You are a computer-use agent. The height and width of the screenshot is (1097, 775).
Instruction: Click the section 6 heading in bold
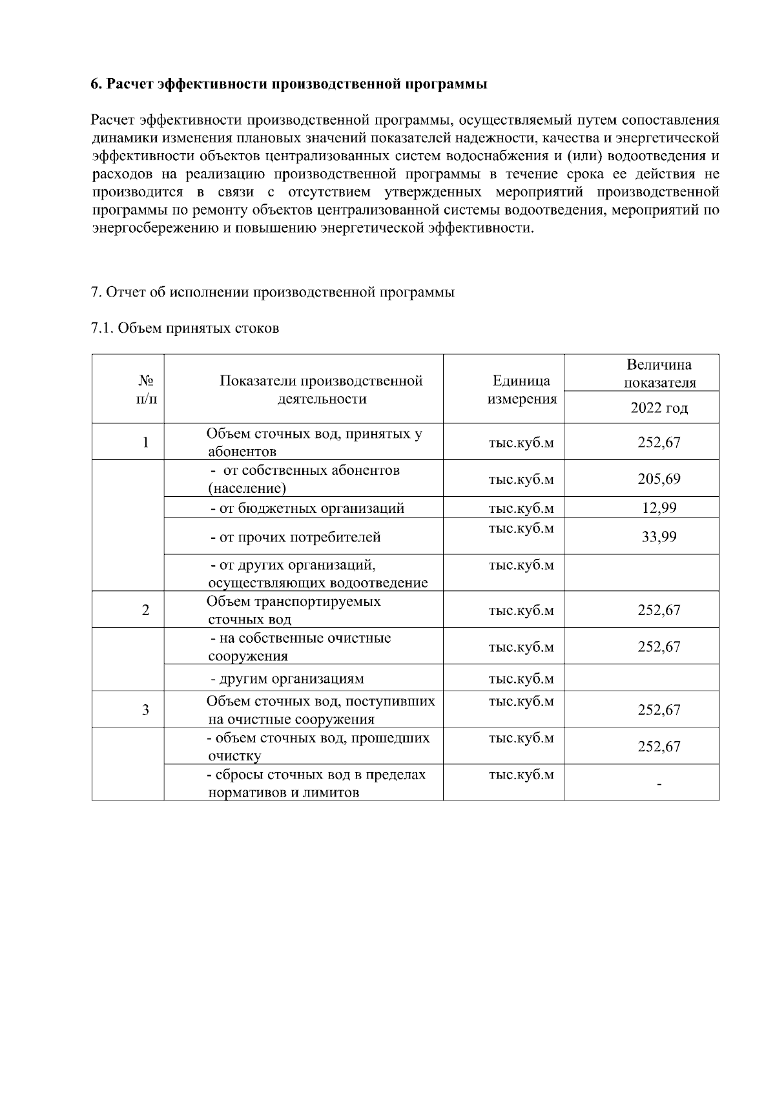(x=289, y=85)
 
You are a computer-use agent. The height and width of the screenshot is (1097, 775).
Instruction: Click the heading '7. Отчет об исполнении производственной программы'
(x=273, y=292)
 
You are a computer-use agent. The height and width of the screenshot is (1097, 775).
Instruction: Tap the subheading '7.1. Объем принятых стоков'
(x=185, y=328)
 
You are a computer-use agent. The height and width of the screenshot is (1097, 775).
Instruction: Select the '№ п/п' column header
(x=146, y=390)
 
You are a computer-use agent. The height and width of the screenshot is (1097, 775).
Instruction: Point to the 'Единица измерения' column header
(x=521, y=390)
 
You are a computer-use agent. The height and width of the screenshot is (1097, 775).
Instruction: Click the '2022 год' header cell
(x=659, y=408)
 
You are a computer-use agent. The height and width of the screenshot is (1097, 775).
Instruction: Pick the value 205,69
(x=659, y=479)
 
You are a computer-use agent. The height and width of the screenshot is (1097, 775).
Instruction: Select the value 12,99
(x=659, y=508)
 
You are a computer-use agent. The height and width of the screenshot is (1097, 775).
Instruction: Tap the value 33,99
(x=659, y=536)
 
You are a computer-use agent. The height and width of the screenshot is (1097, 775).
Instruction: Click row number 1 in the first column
(x=146, y=443)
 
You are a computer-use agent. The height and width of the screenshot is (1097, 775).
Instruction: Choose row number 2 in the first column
(x=146, y=610)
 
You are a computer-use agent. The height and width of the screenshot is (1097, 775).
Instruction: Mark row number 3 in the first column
(x=146, y=709)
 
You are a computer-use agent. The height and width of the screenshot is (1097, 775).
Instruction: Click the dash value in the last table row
(x=659, y=784)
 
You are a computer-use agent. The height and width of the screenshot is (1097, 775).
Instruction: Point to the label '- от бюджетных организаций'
(x=307, y=508)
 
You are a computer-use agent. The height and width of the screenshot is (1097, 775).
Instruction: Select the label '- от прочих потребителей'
(x=296, y=537)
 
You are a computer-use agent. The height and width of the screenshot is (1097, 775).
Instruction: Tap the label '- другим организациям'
(x=287, y=678)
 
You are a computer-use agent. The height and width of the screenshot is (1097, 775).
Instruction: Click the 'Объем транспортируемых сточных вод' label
(x=293, y=610)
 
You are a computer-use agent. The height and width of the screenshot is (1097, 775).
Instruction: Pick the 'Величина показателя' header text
(x=659, y=373)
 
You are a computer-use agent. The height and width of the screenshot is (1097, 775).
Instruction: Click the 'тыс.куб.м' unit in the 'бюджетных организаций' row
(x=521, y=508)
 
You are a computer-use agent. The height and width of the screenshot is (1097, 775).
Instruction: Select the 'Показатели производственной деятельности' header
(x=321, y=390)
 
